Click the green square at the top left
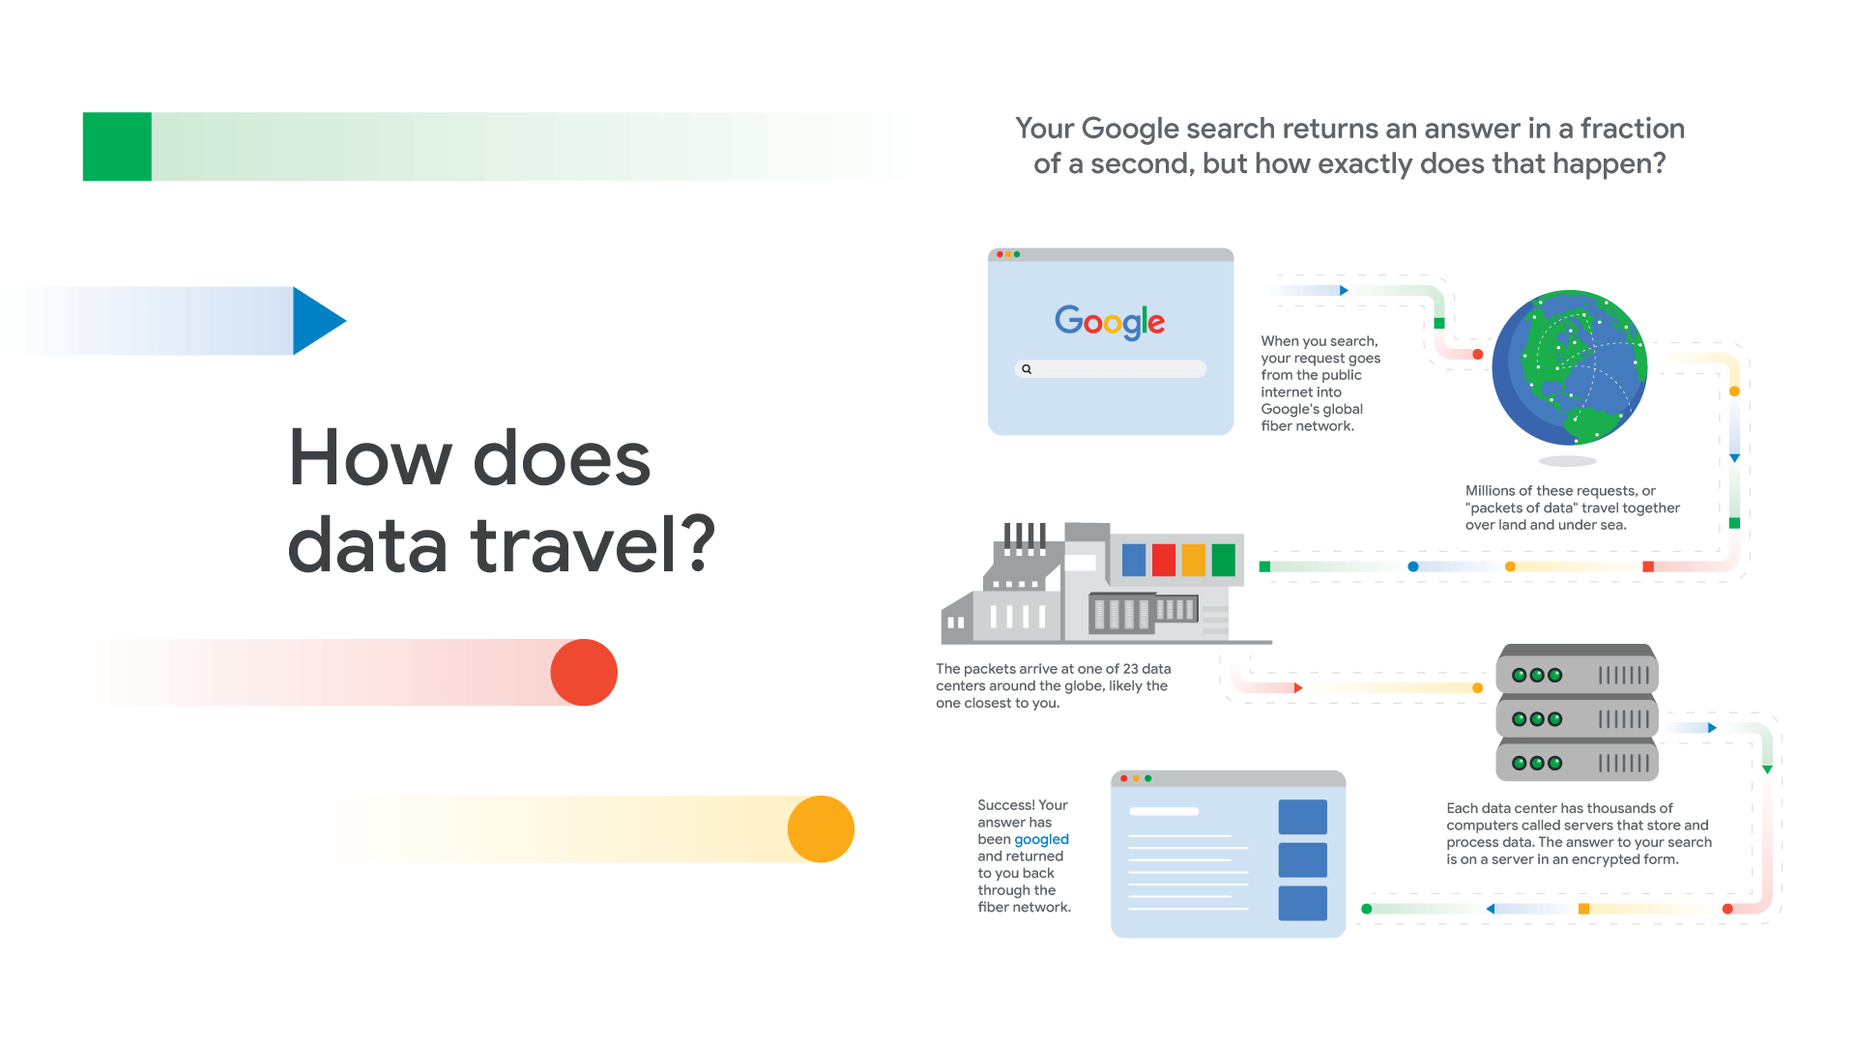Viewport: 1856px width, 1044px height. pyautogui.click(x=117, y=147)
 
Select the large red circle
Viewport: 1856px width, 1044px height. pyautogui.click(x=584, y=673)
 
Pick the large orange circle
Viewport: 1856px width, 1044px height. pyautogui.click(x=821, y=829)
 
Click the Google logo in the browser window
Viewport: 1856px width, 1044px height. pyautogui.click(x=1110, y=321)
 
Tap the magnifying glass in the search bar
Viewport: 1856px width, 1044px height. pyautogui.click(x=1027, y=369)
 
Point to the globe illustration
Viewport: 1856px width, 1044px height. pyautogui.click(x=1569, y=367)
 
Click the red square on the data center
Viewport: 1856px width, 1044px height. pyautogui.click(x=1164, y=560)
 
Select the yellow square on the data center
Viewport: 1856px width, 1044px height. pyautogui.click(x=1194, y=560)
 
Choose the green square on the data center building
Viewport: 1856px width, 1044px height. pyautogui.click(x=1224, y=560)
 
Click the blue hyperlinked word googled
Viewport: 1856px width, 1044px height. pyautogui.click(x=1041, y=839)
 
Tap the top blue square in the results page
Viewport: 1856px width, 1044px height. pyautogui.click(x=1302, y=817)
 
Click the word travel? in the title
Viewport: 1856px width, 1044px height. pyautogui.click(x=594, y=545)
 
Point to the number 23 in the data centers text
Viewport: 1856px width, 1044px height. pyautogui.click(x=1130, y=669)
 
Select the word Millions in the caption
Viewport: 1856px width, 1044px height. pyautogui.click(x=1490, y=491)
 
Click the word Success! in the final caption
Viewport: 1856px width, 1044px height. pyautogui.click(x=1005, y=805)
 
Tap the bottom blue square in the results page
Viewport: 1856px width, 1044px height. pyautogui.click(x=1302, y=903)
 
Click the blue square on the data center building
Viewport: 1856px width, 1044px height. pyautogui.click(x=1134, y=560)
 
